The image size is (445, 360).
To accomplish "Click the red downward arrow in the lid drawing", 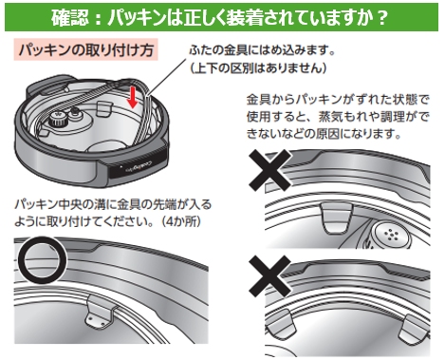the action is (134, 97).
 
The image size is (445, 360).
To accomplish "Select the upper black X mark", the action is (269, 170).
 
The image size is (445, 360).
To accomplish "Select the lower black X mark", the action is (269, 276).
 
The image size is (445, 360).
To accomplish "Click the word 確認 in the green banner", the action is (70, 17).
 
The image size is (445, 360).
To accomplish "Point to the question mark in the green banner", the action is (382, 18).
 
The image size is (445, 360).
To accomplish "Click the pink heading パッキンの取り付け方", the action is (85, 50).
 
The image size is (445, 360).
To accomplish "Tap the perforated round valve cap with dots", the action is (391, 235).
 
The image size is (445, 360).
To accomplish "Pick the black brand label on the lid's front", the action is (136, 167).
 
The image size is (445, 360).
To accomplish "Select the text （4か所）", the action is (181, 220).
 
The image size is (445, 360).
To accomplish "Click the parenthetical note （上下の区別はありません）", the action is (258, 67).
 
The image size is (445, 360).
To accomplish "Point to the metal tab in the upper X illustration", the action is (337, 218).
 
